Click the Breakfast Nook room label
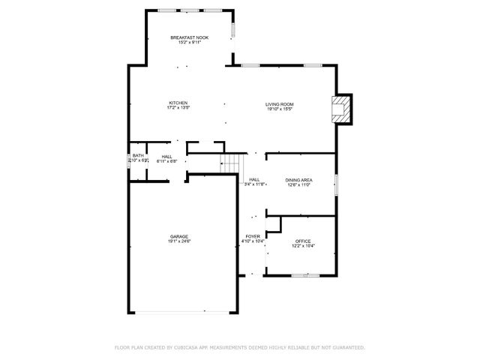[x=189, y=37]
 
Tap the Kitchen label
[x=178, y=103]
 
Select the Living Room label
[x=279, y=104]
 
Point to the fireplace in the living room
[x=342, y=108]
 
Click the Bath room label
[x=138, y=156]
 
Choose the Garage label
[x=178, y=236]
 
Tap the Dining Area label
[x=298, y=180]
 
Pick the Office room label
[x=302, y=241]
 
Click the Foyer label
[x=252, y=235]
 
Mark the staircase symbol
[x=232, y=163]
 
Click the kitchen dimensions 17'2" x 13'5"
[x=178, y=108]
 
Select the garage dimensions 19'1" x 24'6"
[x=178, y=241]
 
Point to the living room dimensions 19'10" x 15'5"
[x=279, y=109]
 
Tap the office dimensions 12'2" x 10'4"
[x=303, y=246]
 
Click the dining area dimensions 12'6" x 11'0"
[x=298, y=185]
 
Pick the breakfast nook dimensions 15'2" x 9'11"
[x=189, y=43]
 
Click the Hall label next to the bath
[x=166, y=156]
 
